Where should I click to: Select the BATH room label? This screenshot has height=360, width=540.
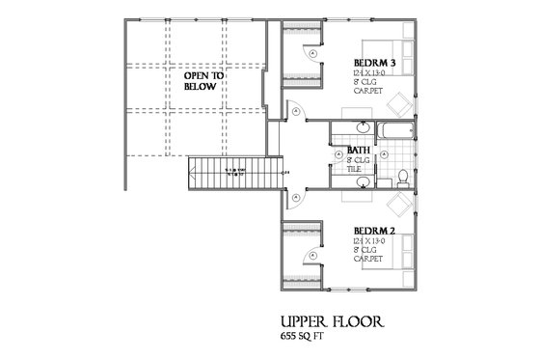tap(360, 150)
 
